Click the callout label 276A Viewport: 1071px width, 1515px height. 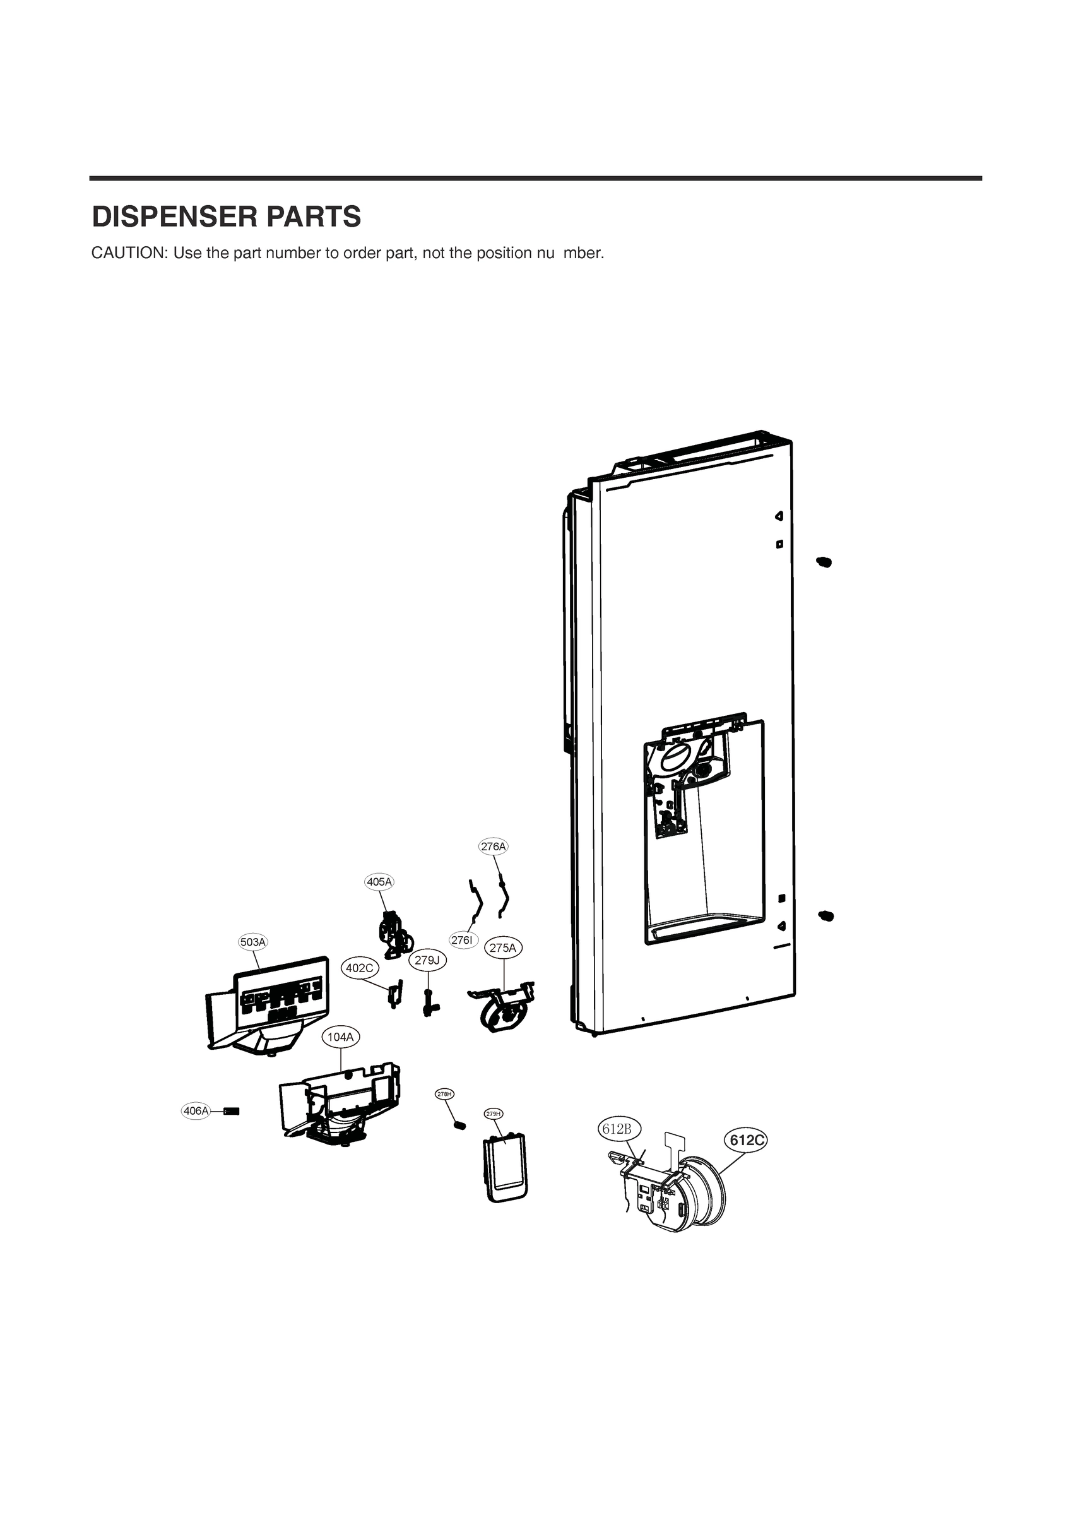[494, 846]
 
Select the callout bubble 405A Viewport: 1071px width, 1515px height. [379, 882]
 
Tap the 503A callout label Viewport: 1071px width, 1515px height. [252, 942]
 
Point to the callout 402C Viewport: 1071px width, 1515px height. [360, 968]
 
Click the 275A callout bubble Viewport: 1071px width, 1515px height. [504, 948]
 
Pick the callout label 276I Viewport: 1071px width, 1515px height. [463, 940]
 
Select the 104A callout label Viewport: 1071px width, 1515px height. [341, 1037]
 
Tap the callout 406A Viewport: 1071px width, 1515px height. [196, 1111]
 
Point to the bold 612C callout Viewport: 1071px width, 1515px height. [747, 1140]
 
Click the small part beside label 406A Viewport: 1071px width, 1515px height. [232, 1111]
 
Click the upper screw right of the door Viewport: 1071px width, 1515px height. [824, 562]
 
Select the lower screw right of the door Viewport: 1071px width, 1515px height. [825, 916]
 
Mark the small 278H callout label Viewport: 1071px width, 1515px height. [445, 1094]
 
